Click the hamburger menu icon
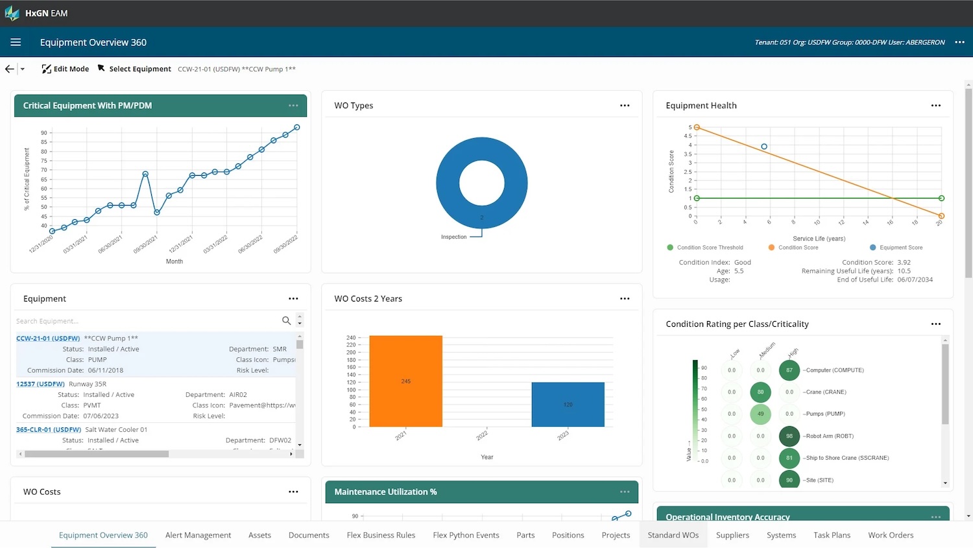[x=16, y=42]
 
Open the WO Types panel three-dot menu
[x=625, y=105]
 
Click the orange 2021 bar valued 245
[x=405, y=381]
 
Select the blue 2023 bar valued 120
[x=568, y=404]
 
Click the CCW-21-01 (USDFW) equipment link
[x=48, y=339]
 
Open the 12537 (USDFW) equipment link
[x=40, y=384]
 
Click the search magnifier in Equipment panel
[x=286, y=320]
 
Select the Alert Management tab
[x=198, y=535]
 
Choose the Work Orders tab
[x=891, y=535]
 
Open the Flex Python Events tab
[x=466, y=535]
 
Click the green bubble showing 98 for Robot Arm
[x=789, y=436]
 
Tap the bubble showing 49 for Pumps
[x=760, y=414]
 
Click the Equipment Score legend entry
[x=900, y=247]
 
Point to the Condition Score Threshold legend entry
[x=710, y=247]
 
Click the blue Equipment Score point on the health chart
[x=764, y=147]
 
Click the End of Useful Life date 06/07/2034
[x=915, y=280]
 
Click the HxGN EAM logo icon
[x=12, y=13]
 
